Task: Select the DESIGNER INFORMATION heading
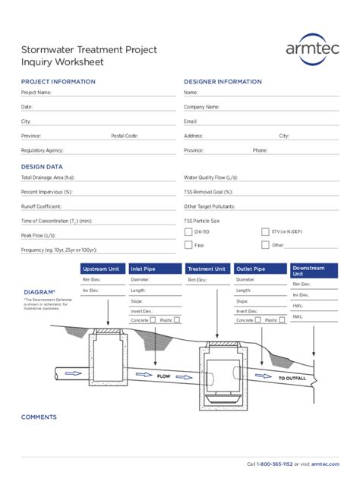(x=223, y=81)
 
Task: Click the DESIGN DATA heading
(x=42, y=166)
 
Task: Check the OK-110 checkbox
(x=188, y=231)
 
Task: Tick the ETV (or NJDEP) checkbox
(x=265, y=231)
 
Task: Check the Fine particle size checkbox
(x=188, y=245)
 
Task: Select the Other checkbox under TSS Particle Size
(x=265, y=245)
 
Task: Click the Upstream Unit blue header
(x=102, y=269)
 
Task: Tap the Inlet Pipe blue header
(x=155, y=269)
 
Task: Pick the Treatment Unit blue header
(x=207, y=269)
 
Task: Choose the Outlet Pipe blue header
(x=260, y=269)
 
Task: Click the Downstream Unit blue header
(x=314, y=271)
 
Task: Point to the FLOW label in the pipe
(x=163, y=376)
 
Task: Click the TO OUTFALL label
(x=292, y=378)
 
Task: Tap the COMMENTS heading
(x=39, y=417)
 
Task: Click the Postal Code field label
(x=125, y=136)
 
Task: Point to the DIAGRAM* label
(x=39, y=292)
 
